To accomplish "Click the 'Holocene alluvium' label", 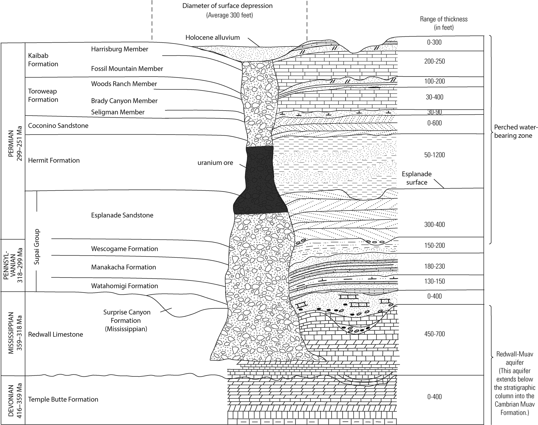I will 213,38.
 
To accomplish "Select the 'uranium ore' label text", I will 215,163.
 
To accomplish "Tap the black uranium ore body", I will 259,183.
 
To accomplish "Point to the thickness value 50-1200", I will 434,155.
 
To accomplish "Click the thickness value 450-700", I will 434,334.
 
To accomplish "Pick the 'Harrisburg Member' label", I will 120,49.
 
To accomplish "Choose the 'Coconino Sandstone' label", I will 58,126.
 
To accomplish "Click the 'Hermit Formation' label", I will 54,160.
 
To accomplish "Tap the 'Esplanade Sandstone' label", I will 122,215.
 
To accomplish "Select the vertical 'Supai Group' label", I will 37,247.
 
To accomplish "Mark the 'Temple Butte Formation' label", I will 63,399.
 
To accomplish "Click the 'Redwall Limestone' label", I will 56,334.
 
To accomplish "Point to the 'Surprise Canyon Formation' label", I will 127,320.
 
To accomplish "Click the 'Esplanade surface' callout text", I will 417,178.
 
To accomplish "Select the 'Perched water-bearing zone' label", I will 513,131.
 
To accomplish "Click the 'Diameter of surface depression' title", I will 228,6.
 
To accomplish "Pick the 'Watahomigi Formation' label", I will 125,286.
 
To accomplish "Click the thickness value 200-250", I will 434,61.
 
